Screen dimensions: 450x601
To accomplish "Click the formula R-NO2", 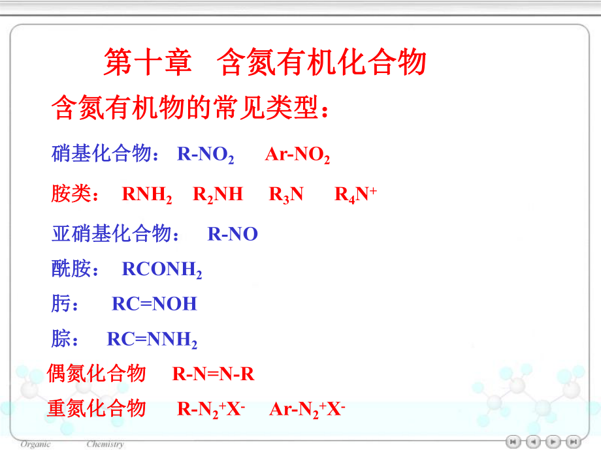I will (x=205, y=155).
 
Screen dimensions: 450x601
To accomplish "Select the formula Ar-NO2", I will (x=297, y=155).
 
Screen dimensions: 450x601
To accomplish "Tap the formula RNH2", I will (x=147, y=195).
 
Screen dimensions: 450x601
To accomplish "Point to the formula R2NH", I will (x=218, y=195).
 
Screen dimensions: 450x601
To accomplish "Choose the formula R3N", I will (x=286, y=195).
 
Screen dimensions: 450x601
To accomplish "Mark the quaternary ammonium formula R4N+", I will (x=355, y=195).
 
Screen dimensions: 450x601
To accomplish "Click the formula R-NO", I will (x=233, y=234).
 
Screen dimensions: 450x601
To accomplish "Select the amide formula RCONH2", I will (x=162, y=270).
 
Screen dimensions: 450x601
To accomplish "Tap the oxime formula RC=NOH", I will (x=154, y=304).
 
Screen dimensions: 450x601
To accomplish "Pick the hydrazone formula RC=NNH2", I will (x=152, y=340).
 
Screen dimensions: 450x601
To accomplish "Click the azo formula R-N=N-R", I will (x=213, y=374).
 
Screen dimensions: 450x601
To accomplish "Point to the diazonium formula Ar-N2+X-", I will (x=307, y=410).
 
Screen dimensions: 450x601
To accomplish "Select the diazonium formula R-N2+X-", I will (x=211, y=410).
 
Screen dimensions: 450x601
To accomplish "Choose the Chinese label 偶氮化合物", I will (x=96, y=374).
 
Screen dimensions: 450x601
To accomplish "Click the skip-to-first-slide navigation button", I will (x=514, y=442).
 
